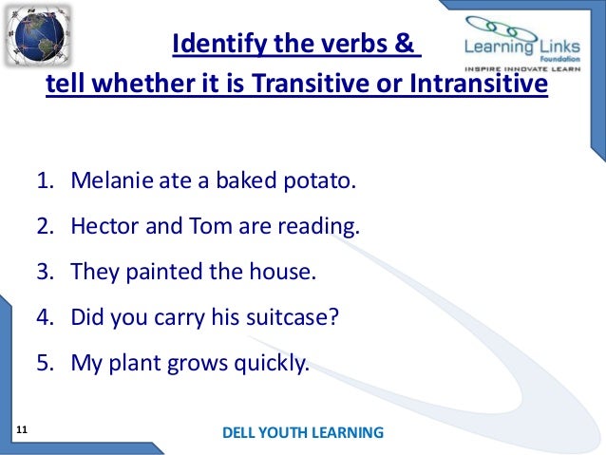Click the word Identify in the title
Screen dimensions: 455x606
click(x=212, y=46)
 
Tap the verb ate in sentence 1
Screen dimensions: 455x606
click(x=168, y=180)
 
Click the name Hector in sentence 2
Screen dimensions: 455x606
click(x=100, y=227)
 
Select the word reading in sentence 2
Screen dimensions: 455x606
click(x=322, y=227)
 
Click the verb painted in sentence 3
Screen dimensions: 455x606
click(x=161, y=273)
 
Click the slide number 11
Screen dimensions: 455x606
click(x=23, y=431)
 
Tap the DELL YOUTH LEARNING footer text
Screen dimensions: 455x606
click(x=302, y=433)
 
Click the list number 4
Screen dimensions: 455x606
click(x=44, y=318)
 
